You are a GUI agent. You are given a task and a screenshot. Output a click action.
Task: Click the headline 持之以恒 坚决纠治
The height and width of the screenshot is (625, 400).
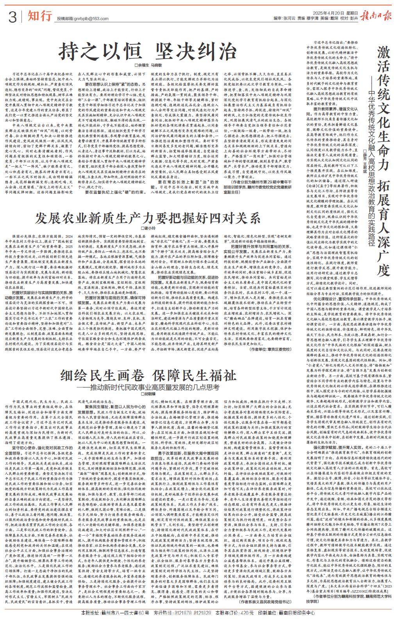[147, 51]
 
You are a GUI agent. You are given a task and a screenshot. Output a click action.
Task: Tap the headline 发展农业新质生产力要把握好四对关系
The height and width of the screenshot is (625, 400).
[147, 218]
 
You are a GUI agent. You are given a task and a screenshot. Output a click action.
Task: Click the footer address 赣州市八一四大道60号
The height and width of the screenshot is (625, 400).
[118, 613]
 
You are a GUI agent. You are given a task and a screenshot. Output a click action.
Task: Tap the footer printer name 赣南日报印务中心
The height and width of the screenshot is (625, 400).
[295, 613]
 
